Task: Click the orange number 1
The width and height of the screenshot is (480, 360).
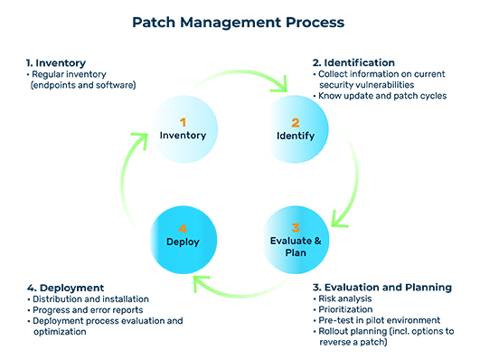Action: (183, 121)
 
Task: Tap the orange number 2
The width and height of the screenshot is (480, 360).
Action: (295, 121)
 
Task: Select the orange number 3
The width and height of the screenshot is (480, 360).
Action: (295, 228)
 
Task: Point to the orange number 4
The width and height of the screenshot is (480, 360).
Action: (183, 228)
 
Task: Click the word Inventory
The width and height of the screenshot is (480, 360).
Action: (183, 136)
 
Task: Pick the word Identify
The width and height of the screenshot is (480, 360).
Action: (295, 136)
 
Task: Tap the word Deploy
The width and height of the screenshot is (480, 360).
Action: (183, 242)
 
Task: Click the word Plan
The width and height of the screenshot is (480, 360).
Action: (296, 255)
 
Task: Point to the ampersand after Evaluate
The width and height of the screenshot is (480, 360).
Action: (316, 242)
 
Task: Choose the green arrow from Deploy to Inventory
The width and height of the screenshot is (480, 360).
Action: (104, 185)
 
